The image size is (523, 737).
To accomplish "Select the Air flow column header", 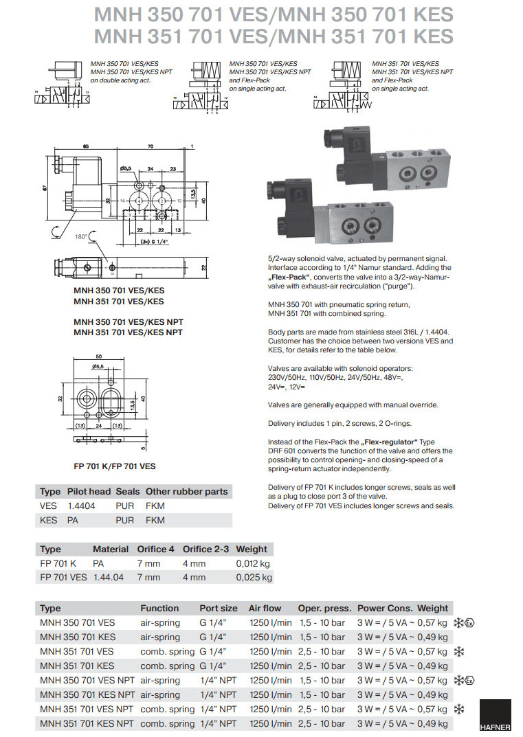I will pyautogui.click(x=265, y=608).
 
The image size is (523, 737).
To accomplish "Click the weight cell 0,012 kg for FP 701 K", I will pyautogui.click(x=252, y=563).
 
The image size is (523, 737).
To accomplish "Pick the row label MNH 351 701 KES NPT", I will pyautogui.click(x=87, y=723).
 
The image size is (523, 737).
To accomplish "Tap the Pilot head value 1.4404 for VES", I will pyautogui.click(x=81, y=506).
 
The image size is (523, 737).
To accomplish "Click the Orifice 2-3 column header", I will pyautogui.click(x=205, y=549).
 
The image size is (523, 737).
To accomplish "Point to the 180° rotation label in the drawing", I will pyautogui.click(x=82, y=236).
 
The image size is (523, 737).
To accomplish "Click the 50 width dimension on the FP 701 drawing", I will pyautogui.click(x=98, y=357).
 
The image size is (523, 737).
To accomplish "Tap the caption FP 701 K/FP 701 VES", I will pyautogui.click(x=114, y=466).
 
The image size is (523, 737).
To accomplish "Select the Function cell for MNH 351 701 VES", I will pyautogui.click(x=167, y=651).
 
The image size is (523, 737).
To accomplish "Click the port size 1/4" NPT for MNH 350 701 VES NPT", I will pyautogui.click(x=218, y=680).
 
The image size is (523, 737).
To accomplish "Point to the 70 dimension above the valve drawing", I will pyautogui.click(x=151, y=146).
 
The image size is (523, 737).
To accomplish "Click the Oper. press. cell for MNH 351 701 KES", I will pyautogui.click(x=322, y=666).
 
